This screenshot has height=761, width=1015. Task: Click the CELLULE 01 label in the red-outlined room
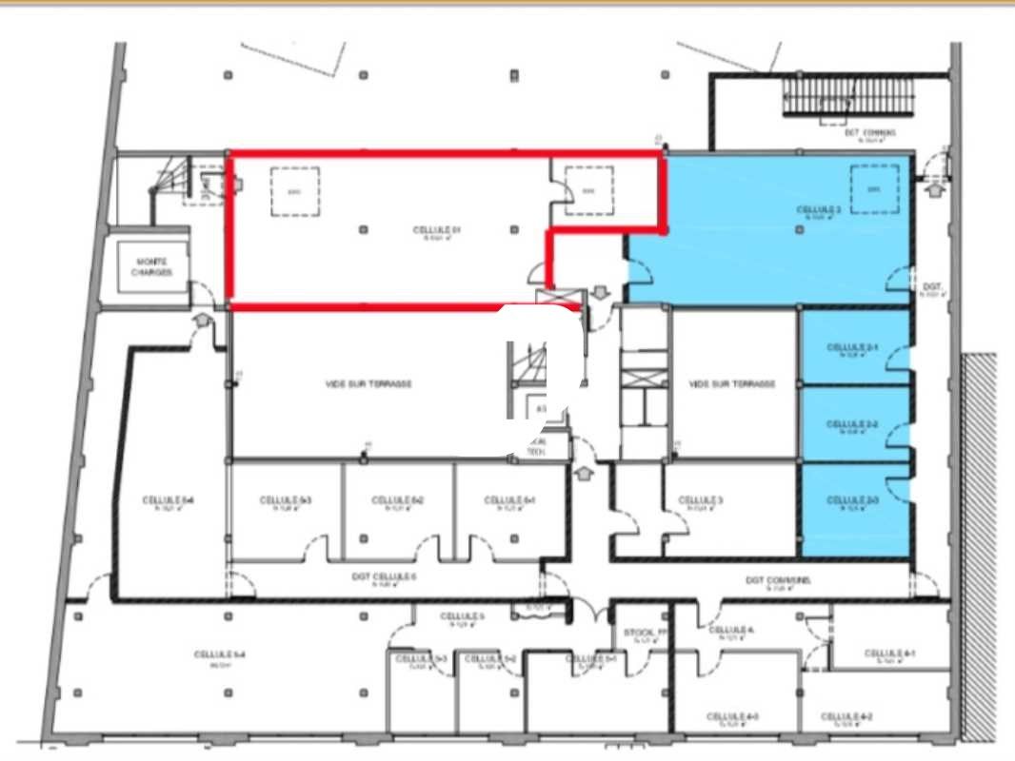tap(437, 230)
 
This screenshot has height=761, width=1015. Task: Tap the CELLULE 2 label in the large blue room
tap(818, 210)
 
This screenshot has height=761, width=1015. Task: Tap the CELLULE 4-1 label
tap(889, 654)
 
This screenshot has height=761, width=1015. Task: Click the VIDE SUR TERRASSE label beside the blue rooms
tap(731, 384)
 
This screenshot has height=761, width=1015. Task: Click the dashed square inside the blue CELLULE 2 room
tap(874, 188)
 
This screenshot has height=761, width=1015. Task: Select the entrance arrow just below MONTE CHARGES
tap(202, 321)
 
